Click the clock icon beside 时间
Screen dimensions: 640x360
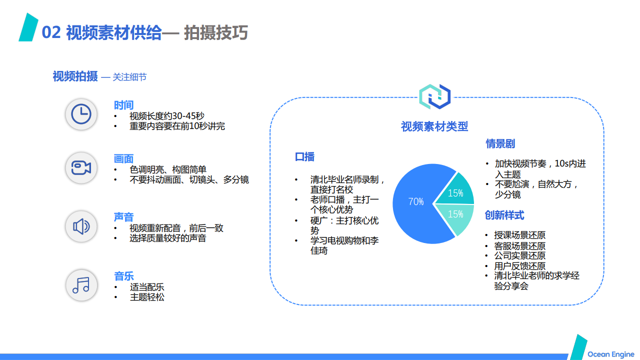pos(81,114)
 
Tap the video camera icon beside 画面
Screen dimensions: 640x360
pos(81,167)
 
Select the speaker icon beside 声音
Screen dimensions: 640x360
pos(81,226)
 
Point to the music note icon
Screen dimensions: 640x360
pos(81,285)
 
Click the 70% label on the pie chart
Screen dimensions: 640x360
pos(416,201)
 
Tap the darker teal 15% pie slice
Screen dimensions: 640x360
pos(456,190)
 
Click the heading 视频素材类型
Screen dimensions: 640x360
pos(434,126)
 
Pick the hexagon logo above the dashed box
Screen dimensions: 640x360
pos(434,96)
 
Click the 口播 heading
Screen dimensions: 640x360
pos(304,157)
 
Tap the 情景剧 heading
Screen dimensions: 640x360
pos(500,143)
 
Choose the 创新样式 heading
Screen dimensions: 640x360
pos(504,215)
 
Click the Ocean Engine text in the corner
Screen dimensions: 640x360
pos(611,354)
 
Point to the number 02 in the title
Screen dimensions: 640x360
pos(51,32)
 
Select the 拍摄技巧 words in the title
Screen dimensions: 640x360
pos(215,32)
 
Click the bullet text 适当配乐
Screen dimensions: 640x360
pos(147,287)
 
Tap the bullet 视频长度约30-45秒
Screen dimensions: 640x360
pos(167,116)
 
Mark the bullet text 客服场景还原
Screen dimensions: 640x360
pos(520,245)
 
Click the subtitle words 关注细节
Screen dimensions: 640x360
pos(129,77)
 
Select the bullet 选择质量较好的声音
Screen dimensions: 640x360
pos(167,238)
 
